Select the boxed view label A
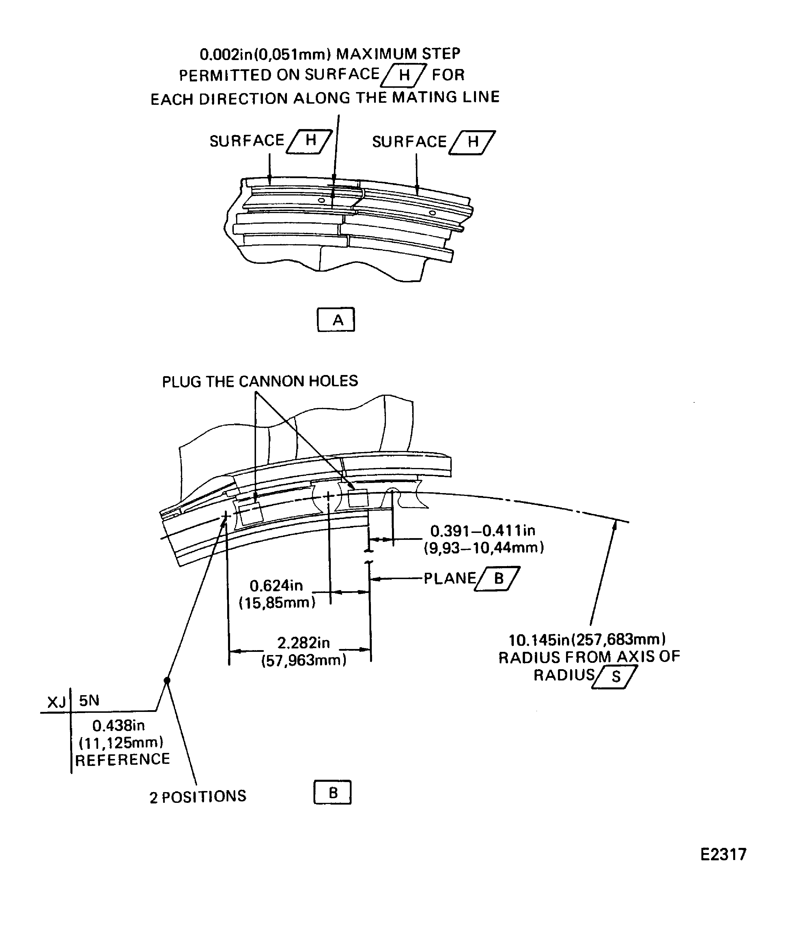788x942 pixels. coord(336,320)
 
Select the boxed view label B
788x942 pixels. coord(332,793)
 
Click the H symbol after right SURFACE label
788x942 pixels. coord(472,143)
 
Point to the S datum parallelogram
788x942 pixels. coord(615,677)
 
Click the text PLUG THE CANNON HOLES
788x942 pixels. coord(260,381)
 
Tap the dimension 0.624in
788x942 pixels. coord(276,586)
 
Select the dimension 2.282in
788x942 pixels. coord(304,643)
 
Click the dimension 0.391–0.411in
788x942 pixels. coord(483,531)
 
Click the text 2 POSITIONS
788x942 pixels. coord(198,797)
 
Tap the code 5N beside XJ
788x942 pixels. coord(89,701)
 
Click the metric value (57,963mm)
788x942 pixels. coord(304,660)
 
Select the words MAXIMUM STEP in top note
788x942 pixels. coord(398,54)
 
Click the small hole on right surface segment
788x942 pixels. coord(432,213)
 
